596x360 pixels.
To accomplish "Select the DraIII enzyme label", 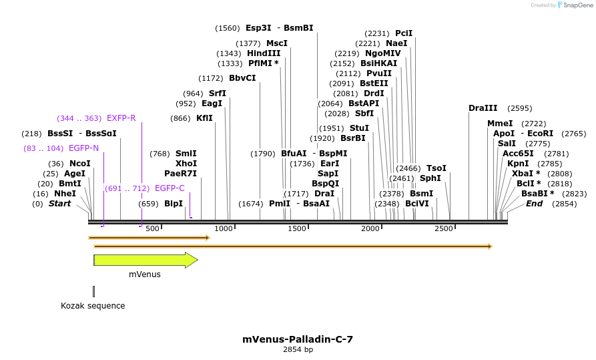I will tap(483, 108).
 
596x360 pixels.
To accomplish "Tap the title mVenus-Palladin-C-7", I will tap(298, 339).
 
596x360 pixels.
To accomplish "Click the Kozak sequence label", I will tap(93, 306).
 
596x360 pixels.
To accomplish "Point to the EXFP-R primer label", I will tap(121, 118).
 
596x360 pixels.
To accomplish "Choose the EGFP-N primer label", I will tap(83, 148).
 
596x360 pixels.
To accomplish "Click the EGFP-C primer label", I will tap(170, 188).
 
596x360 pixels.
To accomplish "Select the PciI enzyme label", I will tap(404, 33).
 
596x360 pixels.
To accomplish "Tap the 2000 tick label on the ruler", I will tap(370, 228).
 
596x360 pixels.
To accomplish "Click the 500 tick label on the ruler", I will tap(152, 228).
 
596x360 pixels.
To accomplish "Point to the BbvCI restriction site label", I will tap(242, 78).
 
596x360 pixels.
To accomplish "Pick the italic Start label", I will tap(59, 204).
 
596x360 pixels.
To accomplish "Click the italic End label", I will tap(534, 204).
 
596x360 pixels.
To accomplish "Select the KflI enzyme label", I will tap(204, 118).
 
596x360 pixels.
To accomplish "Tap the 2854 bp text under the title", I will tap(298, 349).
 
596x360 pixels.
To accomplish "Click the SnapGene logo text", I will tap(577, 5).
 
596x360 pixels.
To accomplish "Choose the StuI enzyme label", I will tap(359, 128).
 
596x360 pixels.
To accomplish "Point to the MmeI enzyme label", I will tap(500, 124).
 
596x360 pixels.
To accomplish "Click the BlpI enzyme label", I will tap(174, 204).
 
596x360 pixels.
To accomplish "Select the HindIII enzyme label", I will tap(264, 53).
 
